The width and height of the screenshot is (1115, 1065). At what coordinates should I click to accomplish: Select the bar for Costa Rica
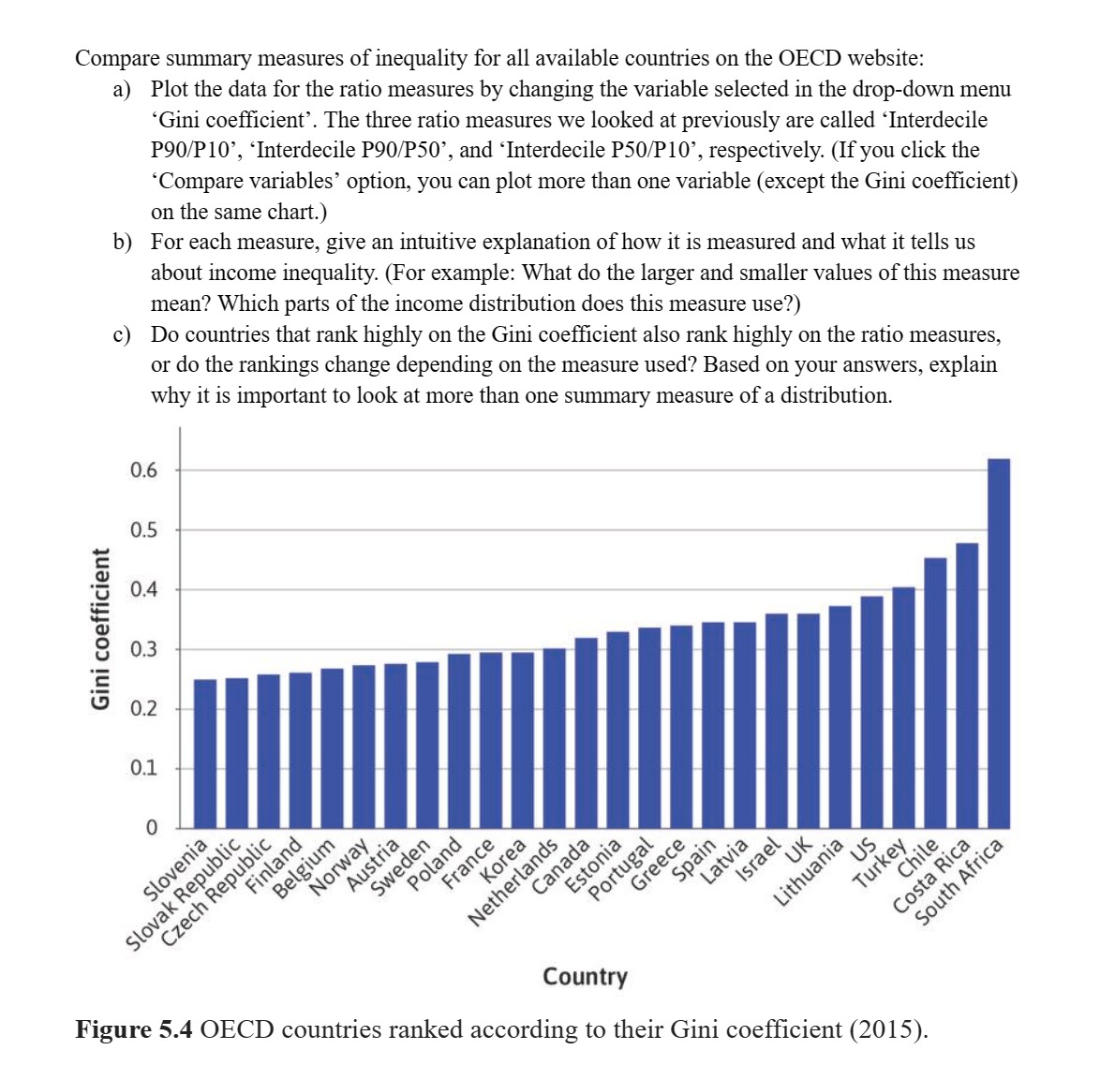coord(967,686)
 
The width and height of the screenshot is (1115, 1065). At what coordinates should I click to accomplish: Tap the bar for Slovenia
coord(204,754)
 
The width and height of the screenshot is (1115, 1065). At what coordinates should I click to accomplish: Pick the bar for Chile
coord(935,693)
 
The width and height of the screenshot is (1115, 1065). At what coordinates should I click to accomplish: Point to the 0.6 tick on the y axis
coord(143,470)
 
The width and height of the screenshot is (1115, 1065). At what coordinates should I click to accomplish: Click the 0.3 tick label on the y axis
coord(143,649)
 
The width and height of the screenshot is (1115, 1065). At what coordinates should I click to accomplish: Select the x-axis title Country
coord(585,977)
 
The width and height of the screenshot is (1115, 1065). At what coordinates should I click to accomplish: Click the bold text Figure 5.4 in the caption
coord(133,1029)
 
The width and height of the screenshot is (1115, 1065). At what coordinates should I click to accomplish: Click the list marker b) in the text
coord(122,243)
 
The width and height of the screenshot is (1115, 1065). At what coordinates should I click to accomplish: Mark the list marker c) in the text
coord(122,334)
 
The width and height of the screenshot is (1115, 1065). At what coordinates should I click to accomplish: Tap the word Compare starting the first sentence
coord(116,58)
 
